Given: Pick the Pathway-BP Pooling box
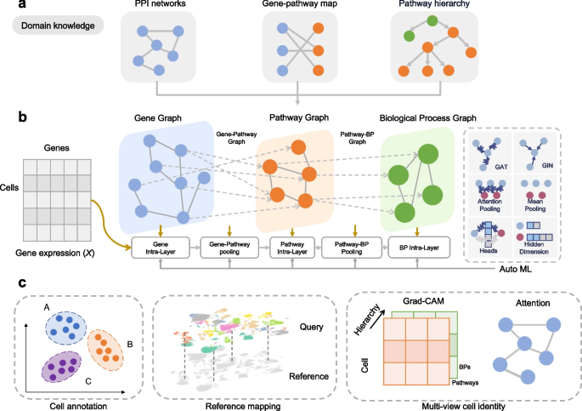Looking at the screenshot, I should point(353,246).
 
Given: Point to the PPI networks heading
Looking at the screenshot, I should point(158,7).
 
